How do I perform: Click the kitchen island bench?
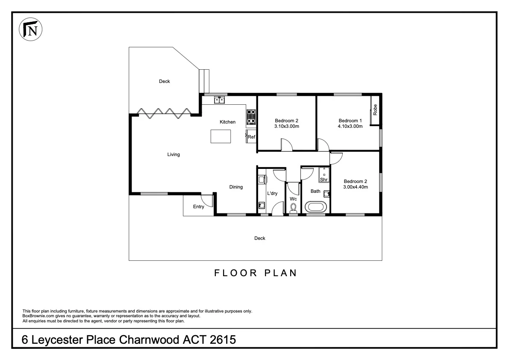point(221,137)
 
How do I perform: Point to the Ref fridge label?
point(251,137)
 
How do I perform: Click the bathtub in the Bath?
point(316,207)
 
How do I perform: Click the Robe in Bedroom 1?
point(375,110)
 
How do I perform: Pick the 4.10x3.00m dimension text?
point(350,127)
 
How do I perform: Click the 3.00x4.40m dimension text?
point(355,187)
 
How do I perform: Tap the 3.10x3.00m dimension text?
point(286,127)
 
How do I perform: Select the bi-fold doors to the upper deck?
point(163,112)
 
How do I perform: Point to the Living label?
point(173,154)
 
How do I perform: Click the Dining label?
point(236,187)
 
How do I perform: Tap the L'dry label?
point(272,194)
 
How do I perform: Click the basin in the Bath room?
point(327,193)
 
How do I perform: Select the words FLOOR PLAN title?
point(255,273)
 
